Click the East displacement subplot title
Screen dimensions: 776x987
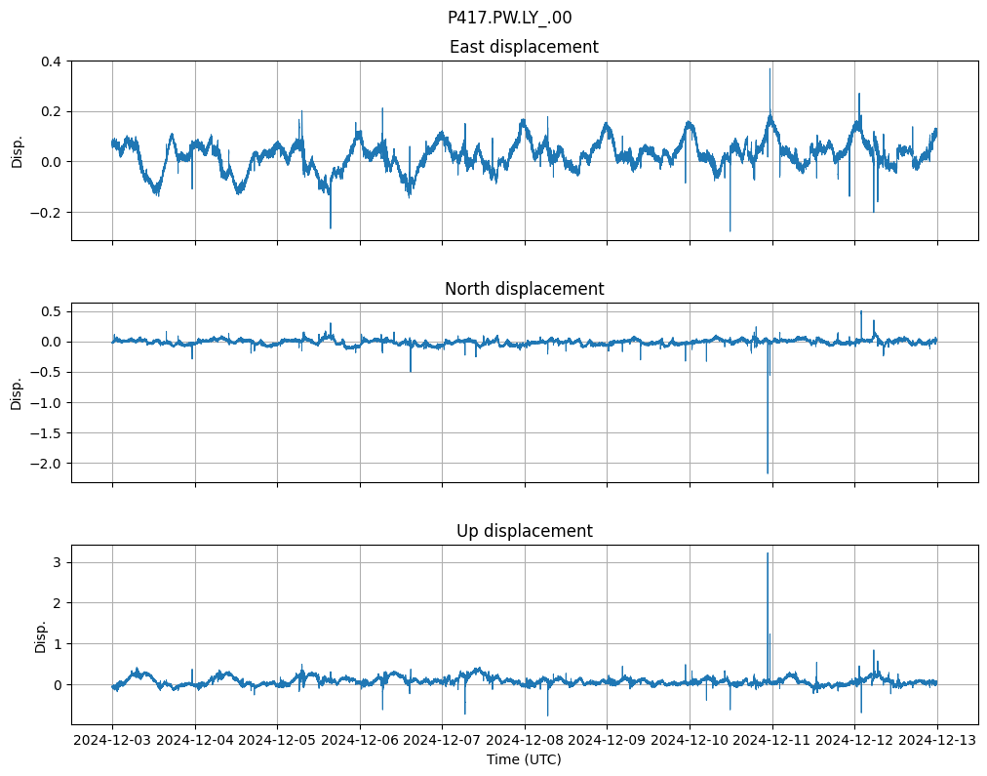(524, 47)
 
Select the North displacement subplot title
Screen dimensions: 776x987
(524, 289)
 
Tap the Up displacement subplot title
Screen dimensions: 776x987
(524, 531)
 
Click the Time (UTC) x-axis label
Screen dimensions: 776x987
(524, 758)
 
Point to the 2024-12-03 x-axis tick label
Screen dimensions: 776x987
(112, 740)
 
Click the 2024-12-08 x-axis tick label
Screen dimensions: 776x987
(525, 740)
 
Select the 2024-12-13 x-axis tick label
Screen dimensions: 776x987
(938, 740)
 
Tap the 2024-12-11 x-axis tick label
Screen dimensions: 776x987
(773, 740)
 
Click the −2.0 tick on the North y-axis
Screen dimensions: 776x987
(45, 463)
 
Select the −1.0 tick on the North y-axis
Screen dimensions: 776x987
(45, 402)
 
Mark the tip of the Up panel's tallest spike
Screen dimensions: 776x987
(768, 553)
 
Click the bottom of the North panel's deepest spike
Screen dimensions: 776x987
(768, 473)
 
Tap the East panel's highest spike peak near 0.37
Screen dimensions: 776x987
(770, 68)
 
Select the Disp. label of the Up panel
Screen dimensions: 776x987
(40, 635)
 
